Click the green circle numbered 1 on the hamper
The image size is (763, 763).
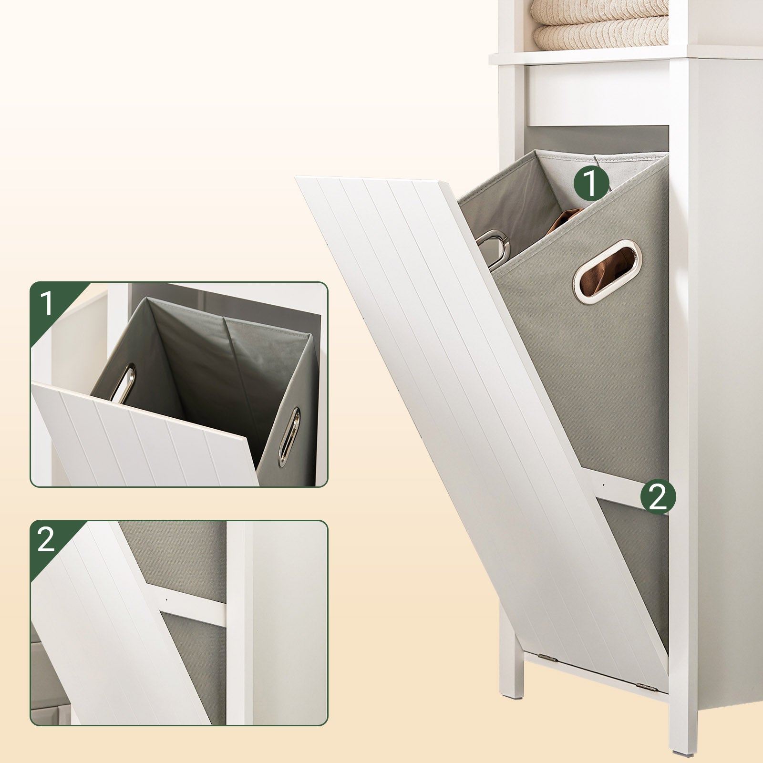click(x=591, y=183)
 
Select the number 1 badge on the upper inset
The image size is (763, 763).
click(x=46, y=304)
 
